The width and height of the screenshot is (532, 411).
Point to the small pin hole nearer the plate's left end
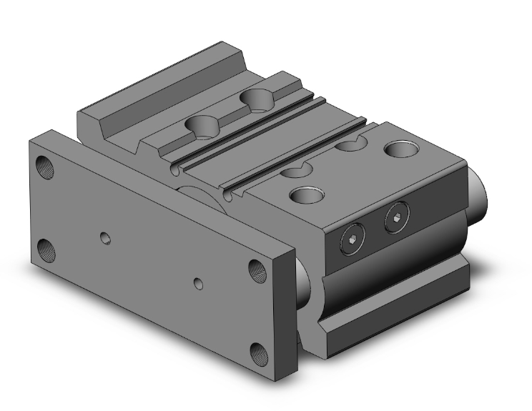point(106,237)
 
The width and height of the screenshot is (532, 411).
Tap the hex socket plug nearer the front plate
point(350,241)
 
